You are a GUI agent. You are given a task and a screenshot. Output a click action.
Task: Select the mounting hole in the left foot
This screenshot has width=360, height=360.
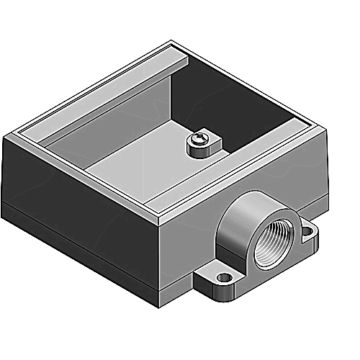click(x=225, y=276)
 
